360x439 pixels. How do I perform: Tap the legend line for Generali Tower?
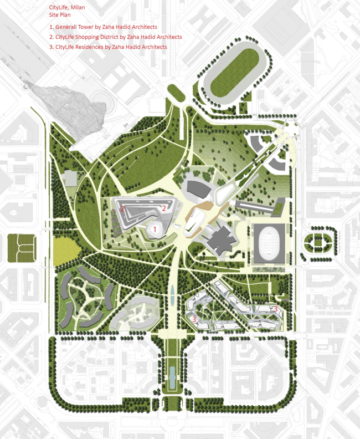103,27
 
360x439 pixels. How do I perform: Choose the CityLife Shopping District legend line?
116,37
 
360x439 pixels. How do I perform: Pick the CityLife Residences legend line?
108,47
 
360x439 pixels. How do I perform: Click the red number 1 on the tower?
156,228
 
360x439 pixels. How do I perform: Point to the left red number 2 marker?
122,208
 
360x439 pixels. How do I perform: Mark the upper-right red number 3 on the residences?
275,308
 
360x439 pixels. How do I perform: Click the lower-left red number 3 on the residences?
194,319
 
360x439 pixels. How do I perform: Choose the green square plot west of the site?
22,248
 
